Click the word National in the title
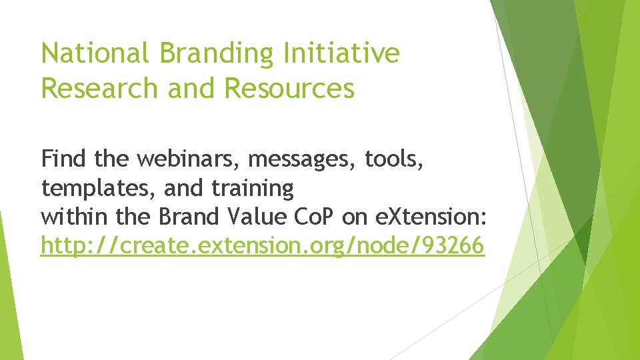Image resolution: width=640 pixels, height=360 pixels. click(94, 53)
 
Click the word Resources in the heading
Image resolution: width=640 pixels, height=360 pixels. click(289, 87)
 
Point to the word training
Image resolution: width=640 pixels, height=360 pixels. click(253, 189)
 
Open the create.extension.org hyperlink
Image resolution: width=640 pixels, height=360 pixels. click(262, 247)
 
